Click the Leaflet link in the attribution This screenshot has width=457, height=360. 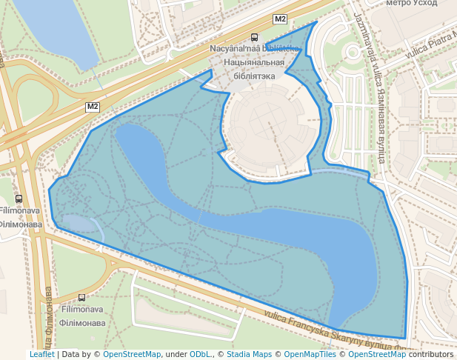pyautogui.click(x=41, y=355)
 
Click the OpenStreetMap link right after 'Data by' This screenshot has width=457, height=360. pyautogui.click(x=131, y=355)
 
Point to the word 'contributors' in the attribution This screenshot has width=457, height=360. pyautogui.click(x=431, y=355)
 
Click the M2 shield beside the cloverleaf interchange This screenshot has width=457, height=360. pyautogui.click(x=93, y=107)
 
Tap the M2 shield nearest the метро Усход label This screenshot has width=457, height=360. pyautogui.click(x=280, y=19)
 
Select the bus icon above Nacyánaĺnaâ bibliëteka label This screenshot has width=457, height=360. pyautogui.click(x=255, y=37)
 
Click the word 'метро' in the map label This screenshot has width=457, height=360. pyautogui.click(x=398, y=4)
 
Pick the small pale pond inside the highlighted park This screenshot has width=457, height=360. pyautogui.click(x=81, y=225)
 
